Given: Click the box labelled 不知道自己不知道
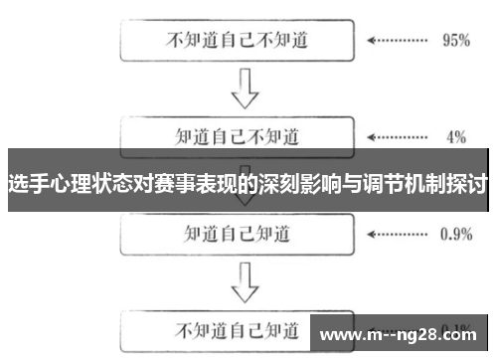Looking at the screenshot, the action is pyautogui.click(x=236, y=42).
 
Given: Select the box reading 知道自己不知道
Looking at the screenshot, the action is pyautogui.click(x=236, y=134).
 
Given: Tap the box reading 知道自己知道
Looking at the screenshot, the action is pyautogui.click(x=236, y=233).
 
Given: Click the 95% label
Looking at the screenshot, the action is pyautogui.click(x=455, y=42).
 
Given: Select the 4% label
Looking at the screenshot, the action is pyautogui.click(x=455, y=135).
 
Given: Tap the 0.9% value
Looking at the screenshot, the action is pyautogui.click(x=455, y=234).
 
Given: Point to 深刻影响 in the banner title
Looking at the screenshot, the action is pyautogui.click(x=297, y=183).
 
